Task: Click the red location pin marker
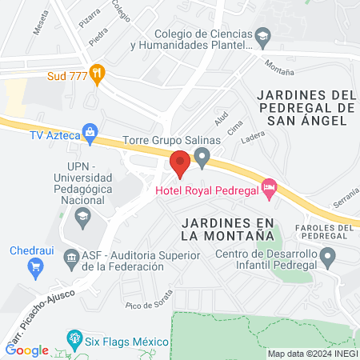point(179,164)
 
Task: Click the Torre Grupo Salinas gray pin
point(202,155)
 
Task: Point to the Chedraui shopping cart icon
point(34,266)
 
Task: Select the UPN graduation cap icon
point(82,216)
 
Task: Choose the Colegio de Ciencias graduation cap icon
point(262,36)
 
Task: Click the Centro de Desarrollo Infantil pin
point(327,257)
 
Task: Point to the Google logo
point(27,350)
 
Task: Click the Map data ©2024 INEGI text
point(312,354)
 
